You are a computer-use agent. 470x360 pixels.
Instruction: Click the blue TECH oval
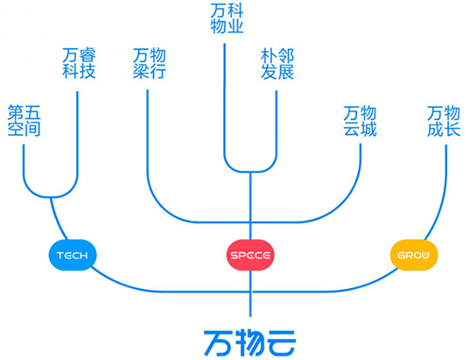click(x=73, y=255)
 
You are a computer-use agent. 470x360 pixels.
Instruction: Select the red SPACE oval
click(x=250, y=255)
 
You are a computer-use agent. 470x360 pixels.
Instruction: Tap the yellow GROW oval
click(x=414, y=255)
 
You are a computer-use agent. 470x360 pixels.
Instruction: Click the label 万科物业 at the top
click(x=227, y=18)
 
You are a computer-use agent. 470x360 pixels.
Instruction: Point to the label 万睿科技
click(x=79, y=63)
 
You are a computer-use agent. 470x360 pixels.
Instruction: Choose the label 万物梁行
click(x=150, y=63)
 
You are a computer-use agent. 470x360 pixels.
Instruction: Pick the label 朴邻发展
click(x=277, y=63)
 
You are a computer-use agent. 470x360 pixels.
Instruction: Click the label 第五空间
click(x=24, y=120)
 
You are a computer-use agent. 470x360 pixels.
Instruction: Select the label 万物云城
click(x=360, y=121)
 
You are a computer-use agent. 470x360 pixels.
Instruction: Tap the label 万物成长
click(x=444, y=121)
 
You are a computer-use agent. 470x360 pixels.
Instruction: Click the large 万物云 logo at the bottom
click(x=250, y=343)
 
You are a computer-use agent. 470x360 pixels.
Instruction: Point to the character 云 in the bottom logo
click(x=282, y=343)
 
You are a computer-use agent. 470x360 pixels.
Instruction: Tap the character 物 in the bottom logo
click(x=249, y=343)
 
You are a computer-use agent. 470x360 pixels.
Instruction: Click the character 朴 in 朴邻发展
click(x=269, y=55)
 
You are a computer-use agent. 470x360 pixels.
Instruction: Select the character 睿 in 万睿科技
click(x=88, y=55)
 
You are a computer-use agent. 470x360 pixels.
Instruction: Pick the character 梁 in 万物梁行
click(x=141, y=72)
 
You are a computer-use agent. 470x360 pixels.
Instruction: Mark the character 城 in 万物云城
click(x=368, y=129)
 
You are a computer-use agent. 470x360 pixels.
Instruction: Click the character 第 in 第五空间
click(x=16, y=112)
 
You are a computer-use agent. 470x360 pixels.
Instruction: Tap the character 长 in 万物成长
click(x=452, y=129)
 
